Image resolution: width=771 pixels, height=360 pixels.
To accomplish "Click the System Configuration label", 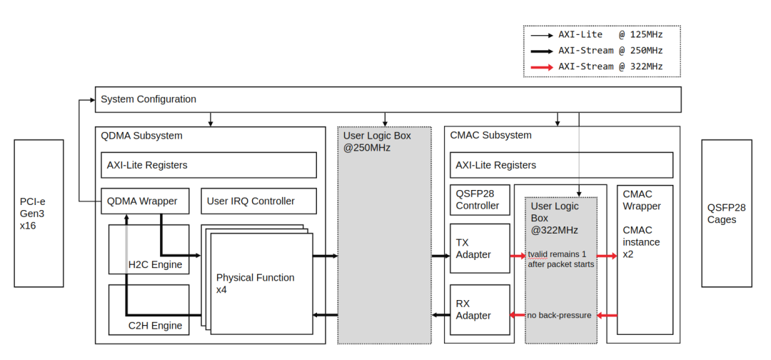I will (x=148, y=99).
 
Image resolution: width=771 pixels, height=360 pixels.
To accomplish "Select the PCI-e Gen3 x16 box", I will (x=39, y=213).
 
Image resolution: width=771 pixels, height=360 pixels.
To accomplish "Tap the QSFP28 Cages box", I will (x=726, y=213).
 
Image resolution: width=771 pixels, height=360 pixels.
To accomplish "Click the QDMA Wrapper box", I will (x=145, y=201).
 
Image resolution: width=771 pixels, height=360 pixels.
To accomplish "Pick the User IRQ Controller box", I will (x=258, y=201).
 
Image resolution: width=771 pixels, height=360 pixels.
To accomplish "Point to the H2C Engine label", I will (x=155, y=265).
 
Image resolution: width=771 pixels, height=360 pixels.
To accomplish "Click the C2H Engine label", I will (x=155, y=326).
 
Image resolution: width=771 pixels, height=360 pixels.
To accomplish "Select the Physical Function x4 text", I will (x=255, y=284).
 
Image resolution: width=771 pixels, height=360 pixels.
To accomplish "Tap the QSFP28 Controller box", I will (x=478, y=199).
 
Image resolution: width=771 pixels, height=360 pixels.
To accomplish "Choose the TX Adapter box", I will (x=480, y=248).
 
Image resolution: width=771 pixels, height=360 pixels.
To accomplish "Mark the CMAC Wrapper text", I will (x=642, y=200).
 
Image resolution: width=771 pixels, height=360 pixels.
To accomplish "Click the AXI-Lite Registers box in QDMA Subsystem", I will (x=208, y=165).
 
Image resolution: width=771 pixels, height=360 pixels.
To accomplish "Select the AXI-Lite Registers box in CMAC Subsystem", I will (x=560, y=165).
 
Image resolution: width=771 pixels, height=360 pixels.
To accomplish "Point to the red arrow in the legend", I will (x=540, y=66).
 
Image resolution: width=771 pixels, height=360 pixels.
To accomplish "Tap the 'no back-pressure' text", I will (x=559, y=315).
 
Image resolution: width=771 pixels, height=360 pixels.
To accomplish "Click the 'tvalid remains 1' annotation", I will (x=560, y=254).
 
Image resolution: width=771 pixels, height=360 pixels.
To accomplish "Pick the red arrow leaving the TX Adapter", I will (x=518, y=255).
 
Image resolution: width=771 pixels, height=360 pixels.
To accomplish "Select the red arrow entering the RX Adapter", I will (x=518, y=315).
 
